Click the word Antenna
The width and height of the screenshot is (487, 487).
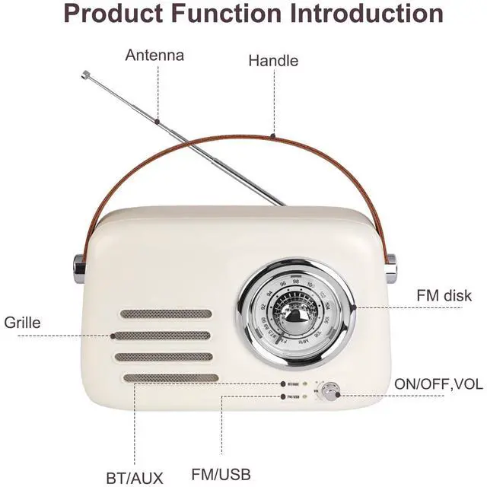coord(154,56)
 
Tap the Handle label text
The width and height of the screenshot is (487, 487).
coord(273,61)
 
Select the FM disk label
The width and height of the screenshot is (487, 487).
coord(444,295)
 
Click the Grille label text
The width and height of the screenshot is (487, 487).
coord(22,322)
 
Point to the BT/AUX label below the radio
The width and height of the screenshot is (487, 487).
coord(135,478)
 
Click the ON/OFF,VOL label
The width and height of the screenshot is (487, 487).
coord(438,384)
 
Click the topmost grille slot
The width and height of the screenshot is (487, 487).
coord(165,314)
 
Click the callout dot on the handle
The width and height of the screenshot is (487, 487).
coord(273,136)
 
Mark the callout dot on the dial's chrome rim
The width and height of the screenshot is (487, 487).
coord(354,307)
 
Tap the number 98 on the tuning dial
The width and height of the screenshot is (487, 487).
coord(297,281)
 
